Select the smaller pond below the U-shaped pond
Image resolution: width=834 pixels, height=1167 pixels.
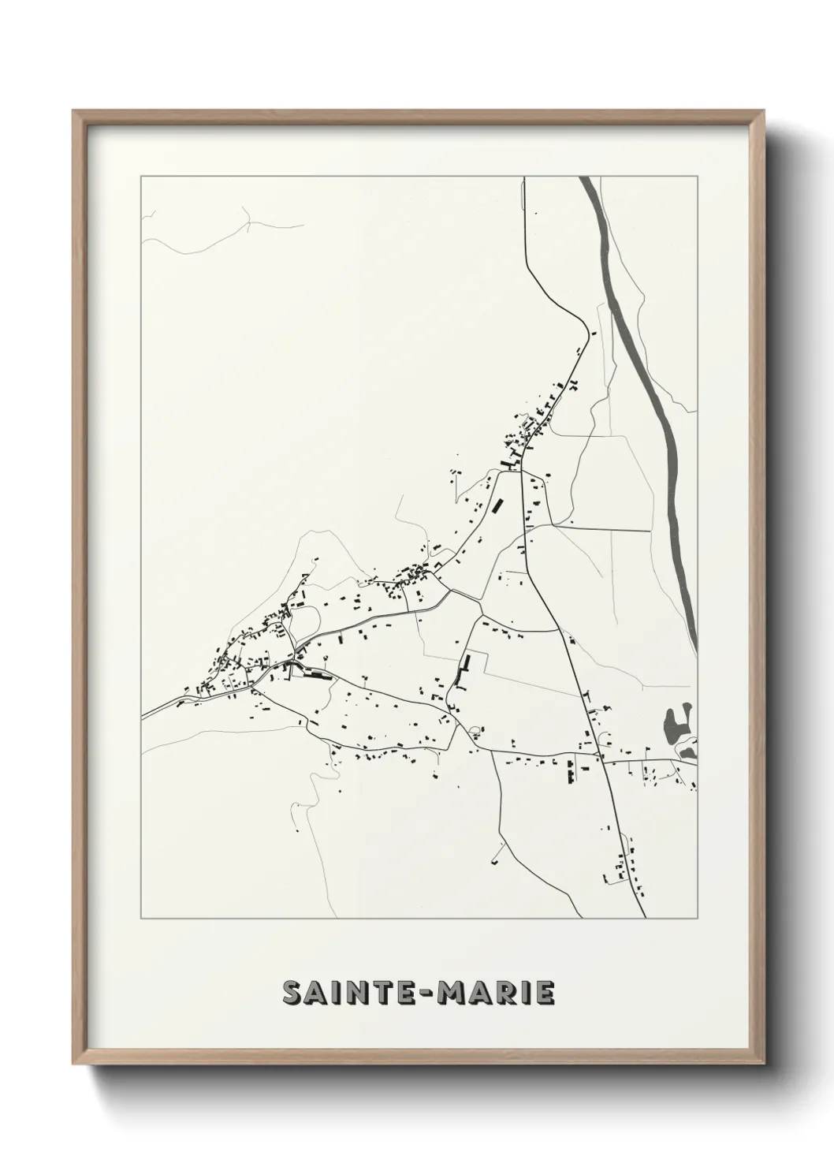click(x=687, y=754)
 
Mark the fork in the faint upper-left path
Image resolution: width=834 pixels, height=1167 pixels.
click(x=249, y=224)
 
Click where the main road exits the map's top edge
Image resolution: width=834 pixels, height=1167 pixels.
click(x=524, y=178)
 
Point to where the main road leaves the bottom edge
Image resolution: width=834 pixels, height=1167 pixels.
click(x=646, y=918)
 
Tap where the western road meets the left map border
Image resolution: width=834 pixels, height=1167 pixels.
click(x=142, y=716)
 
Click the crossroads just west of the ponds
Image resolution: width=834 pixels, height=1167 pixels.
click(x=602, y=762)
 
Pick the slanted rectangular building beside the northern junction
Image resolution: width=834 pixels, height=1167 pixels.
click(x=497, y=503)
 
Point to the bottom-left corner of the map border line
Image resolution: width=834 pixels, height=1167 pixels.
click(x=141, y=919)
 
